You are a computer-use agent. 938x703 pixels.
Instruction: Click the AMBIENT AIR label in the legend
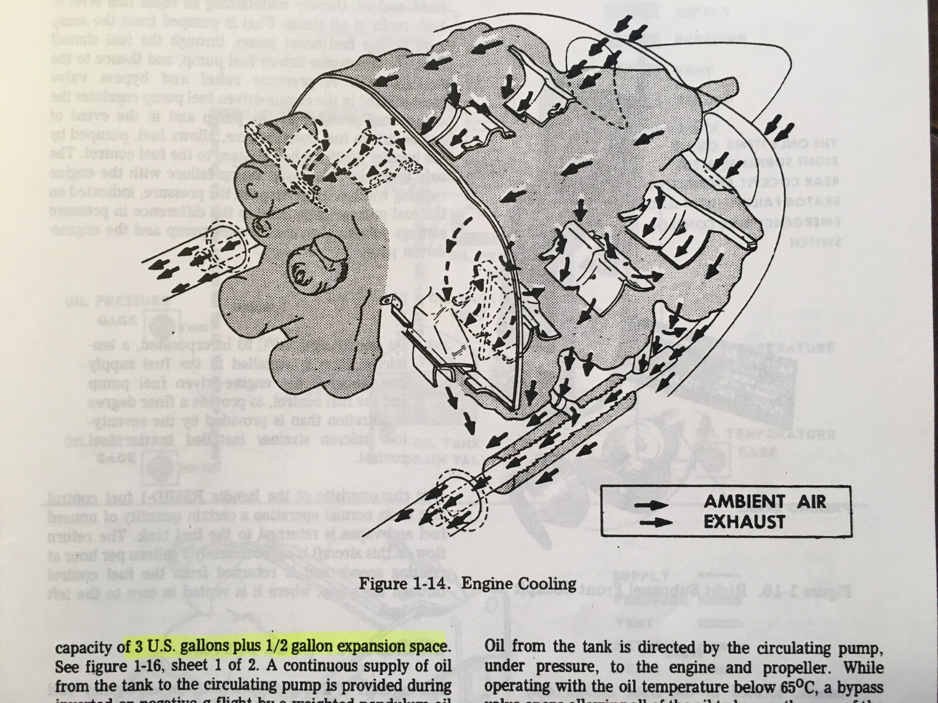tap(764, 502)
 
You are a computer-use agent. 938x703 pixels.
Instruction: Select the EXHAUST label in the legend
tap(744, 521)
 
